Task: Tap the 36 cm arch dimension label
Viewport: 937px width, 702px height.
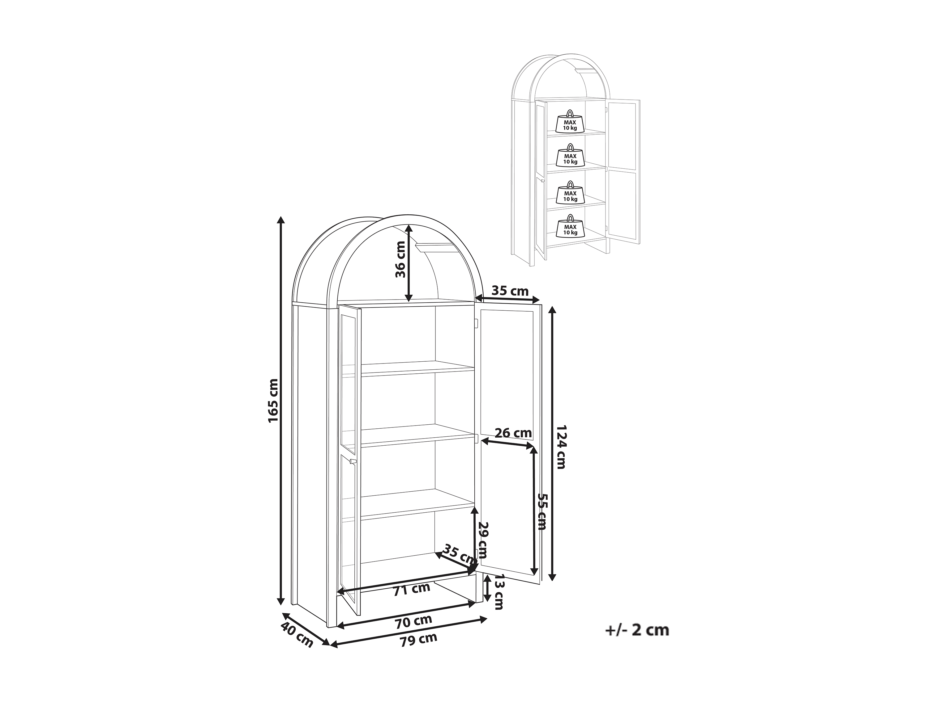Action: click(400, 259)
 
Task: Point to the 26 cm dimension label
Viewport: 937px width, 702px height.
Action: click(513, 433)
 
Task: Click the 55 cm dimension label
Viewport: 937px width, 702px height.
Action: click(542, 511)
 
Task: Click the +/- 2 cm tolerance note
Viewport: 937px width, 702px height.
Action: click(637, 642)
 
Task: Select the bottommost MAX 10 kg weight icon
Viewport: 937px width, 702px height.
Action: click(570, 227)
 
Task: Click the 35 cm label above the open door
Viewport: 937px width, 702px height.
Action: click(510, 291)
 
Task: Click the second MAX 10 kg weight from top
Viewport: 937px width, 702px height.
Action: click(570, 156)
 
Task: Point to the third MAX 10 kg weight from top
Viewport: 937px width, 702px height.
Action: click(570, 193)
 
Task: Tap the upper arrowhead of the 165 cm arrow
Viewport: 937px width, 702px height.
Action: click(280, 220)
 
